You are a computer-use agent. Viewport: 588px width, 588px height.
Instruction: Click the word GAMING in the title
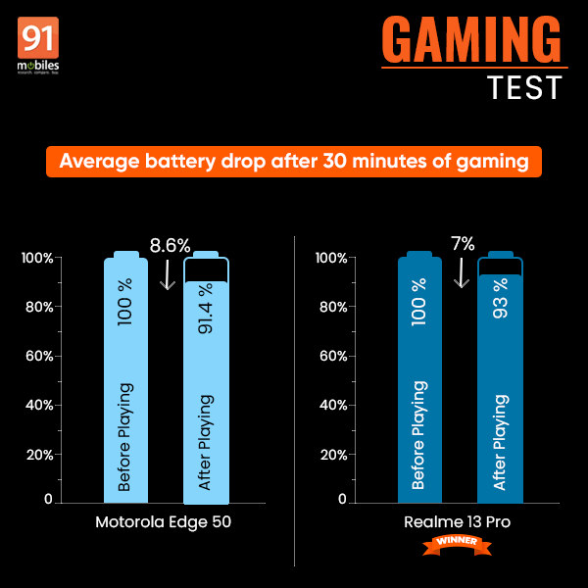click(471, 41)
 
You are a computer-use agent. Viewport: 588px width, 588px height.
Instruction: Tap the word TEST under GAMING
click(525, 86)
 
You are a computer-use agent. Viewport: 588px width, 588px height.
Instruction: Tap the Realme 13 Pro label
click(459, 521)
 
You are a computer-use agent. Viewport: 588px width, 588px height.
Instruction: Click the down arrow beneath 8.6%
click(168, 273)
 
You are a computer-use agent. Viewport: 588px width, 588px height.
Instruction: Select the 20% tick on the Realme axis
click(330, 455)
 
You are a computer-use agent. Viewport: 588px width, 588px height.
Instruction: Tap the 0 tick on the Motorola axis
click(46, 500)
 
